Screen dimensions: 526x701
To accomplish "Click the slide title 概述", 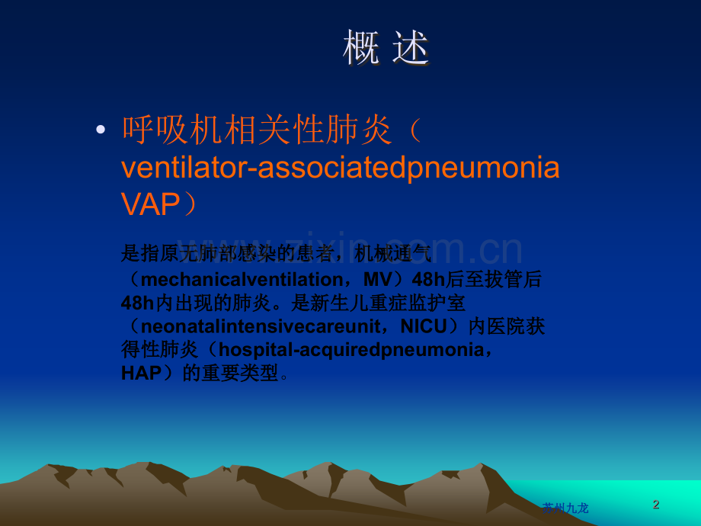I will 386,48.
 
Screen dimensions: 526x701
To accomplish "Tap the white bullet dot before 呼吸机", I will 101,130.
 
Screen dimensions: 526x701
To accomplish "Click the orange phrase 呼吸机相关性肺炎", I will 257,130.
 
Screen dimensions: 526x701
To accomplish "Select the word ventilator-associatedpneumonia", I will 341,167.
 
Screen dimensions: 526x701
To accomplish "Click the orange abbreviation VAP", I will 150,204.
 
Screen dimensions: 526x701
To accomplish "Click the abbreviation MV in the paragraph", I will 377,279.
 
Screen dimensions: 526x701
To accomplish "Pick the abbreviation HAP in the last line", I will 141,374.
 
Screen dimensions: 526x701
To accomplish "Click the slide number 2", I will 656,504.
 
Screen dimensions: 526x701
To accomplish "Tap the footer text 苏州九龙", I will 565,508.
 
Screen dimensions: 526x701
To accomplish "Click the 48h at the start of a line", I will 138,303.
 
